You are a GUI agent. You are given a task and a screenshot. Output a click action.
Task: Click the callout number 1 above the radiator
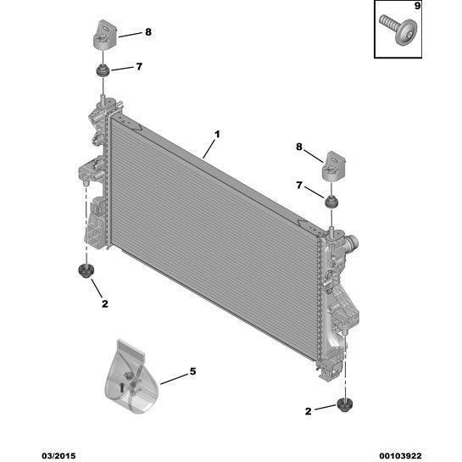tap(217, 135)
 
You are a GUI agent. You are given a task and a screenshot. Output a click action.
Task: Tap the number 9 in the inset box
tap(417, 6)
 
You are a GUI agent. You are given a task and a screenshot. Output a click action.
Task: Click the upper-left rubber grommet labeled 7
tap(103, 70)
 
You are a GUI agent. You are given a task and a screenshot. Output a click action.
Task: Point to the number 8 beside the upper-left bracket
tap(148, 32)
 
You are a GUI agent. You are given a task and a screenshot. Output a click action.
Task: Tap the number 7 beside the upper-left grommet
tap(139, 67)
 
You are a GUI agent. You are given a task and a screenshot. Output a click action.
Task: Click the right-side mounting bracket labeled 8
tap(333, 165)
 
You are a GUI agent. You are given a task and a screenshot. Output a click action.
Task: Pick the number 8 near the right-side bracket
tap(299, 147)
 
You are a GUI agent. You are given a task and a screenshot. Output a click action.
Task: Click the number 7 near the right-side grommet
tap(299, 185)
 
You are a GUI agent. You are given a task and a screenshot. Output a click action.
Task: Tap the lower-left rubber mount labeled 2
tap(86, 270)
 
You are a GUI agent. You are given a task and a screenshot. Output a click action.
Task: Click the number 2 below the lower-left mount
tap(105, 303)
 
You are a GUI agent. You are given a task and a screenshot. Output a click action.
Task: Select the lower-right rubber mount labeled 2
tap(343, 405)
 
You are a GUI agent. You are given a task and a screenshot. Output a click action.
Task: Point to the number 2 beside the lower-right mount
tap(308, 411)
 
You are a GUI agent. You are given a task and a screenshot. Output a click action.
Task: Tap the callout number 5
tap(192, 371)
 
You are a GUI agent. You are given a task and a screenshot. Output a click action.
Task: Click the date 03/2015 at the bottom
tap(58, 456)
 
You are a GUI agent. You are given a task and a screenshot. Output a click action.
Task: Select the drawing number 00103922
tap(400, 456)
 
